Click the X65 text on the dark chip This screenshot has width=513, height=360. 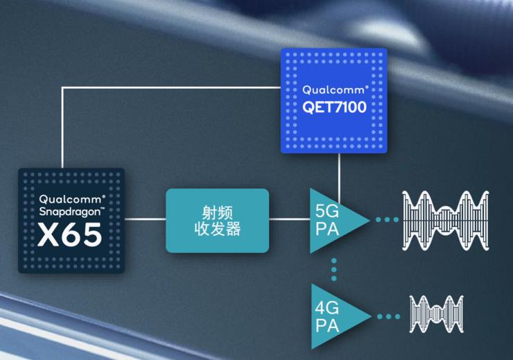point(70,234)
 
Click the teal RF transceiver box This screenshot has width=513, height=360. point(217,220)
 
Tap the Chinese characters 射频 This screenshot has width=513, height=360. point(217,210)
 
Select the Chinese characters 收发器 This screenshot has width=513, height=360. point(217,229)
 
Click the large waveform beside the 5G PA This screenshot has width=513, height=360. point(446,220)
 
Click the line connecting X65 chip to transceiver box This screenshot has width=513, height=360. point(146,220)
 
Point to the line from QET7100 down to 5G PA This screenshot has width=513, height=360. point(338,177)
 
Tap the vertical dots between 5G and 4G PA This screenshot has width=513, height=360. point(333,270)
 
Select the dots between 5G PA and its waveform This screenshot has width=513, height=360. point(387,220)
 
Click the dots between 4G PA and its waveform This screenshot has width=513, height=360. point(389,316)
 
